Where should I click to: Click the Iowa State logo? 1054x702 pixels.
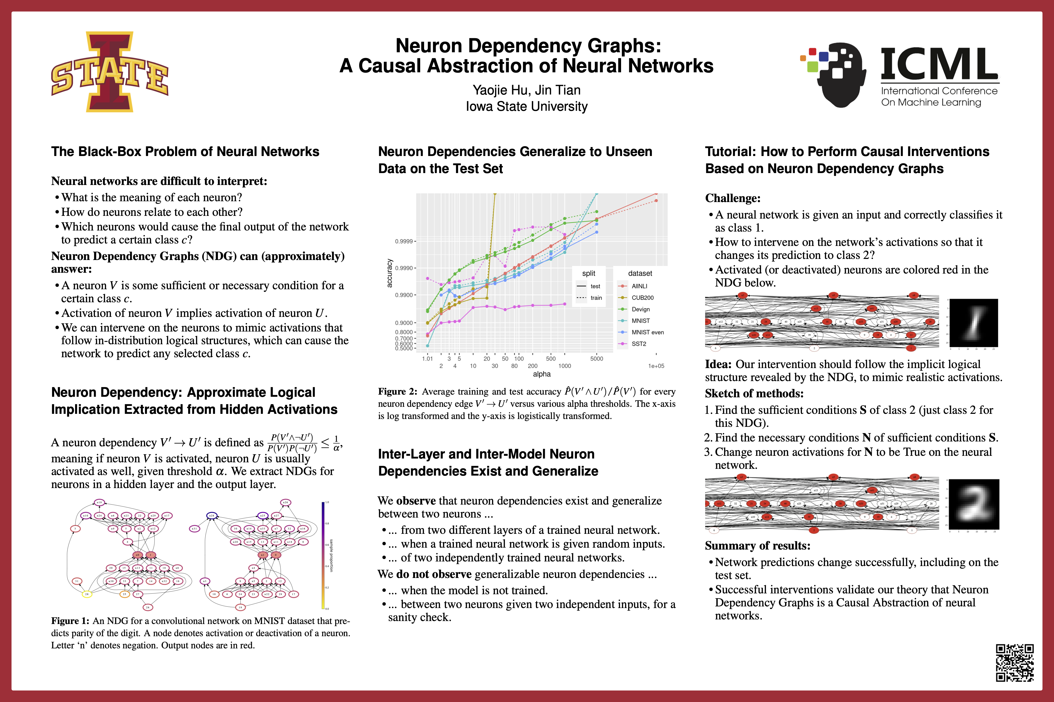click(110, 71)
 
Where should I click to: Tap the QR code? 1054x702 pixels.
click(1015, 663)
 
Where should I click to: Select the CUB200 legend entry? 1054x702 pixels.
click(642, 298)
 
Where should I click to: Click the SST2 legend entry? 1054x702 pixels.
click(639, 344)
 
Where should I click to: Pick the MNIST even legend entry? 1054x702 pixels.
click(647, 332)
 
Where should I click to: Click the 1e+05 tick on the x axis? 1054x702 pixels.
click(656, 366)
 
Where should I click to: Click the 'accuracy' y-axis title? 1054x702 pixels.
click(390, 273)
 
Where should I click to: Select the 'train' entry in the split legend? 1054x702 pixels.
click(596, 298)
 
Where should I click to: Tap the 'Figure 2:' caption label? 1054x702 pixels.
click(397, 392)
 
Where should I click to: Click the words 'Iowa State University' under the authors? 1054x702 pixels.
click(526, 106)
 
